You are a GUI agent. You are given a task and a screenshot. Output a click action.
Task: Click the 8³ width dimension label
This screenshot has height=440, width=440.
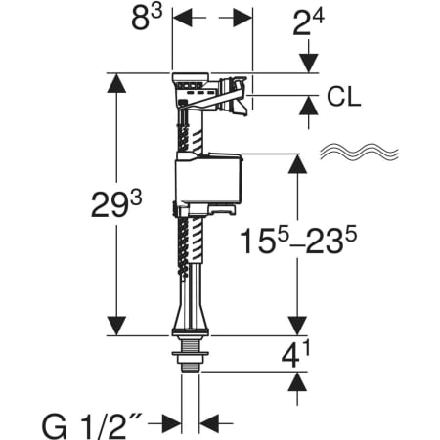(x=147, y=19)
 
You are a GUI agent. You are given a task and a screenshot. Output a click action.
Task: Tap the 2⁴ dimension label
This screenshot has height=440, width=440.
(x=308, y=22)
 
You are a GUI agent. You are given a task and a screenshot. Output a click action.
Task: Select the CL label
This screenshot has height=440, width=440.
(x=344, y=97)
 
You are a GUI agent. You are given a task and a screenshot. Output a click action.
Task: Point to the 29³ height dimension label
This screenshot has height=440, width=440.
(x=116, y=204)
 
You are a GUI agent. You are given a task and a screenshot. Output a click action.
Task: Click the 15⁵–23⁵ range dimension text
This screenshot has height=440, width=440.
(x=298, y=241)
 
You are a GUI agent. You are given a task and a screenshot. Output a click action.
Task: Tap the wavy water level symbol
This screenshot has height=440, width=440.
(x=359, y=152)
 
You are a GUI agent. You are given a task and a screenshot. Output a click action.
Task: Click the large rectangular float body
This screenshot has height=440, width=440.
(x=209, y=178)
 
